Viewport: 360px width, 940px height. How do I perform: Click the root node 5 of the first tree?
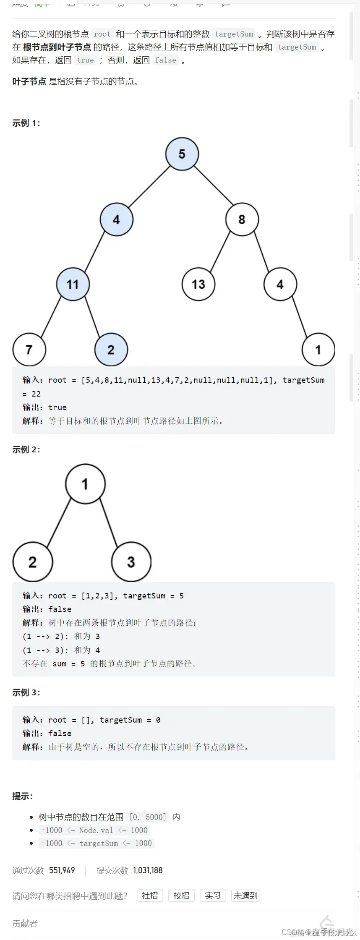coord(182,154)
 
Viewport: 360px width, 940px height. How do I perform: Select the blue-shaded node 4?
coord(116,219)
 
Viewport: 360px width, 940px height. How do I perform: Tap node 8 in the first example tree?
coord(242,219)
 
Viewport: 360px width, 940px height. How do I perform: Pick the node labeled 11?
coord(73,285)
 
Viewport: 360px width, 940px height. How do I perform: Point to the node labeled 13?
coord(198,285)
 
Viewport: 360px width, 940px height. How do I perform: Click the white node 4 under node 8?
coord(280,285)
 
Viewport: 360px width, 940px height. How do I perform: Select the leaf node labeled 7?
coord(29,350)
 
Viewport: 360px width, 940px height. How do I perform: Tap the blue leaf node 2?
coord(111,350)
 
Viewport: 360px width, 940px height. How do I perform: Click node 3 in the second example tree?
coord(131,562)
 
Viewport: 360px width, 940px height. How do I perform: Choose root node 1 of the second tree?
coord(85,484)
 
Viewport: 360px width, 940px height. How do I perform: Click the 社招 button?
coord(150,896)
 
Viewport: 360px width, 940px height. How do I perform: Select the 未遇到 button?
coord(245,896)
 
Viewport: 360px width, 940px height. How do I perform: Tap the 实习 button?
coord(213,896)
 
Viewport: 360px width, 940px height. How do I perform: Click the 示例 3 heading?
coord(26,692)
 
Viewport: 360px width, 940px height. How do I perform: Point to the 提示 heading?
coord(22,796)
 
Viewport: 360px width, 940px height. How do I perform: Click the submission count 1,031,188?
coord(148,870)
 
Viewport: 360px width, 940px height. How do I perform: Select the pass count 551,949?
coord(62,870)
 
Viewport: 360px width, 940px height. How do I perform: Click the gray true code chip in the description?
coord(86,60)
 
